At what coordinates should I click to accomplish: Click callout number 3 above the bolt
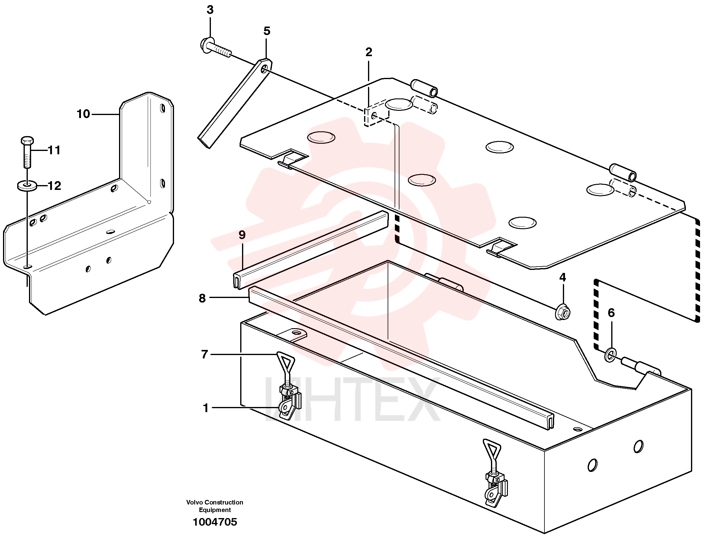(x=210, y=10)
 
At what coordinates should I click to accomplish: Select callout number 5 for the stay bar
(x=267, y=31)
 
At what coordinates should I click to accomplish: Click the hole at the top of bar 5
(x=265, y=69)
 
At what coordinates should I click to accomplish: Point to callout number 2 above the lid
(x=369, y=52)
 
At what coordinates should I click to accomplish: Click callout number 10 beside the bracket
(x=83, y=114)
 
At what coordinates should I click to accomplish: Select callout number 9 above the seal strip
(x=242, y=235)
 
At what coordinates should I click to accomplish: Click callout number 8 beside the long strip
(x=202, y=298)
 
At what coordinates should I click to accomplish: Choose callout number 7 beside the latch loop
(x=205, y=354)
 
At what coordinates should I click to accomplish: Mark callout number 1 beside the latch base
(x=206, y=408)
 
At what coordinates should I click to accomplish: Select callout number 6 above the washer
(x=611, y=313)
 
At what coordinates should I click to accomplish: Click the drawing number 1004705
(x=215, y=522)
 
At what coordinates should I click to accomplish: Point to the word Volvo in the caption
(x=195, y=502)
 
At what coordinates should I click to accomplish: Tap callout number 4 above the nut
(x=563, y=277)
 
